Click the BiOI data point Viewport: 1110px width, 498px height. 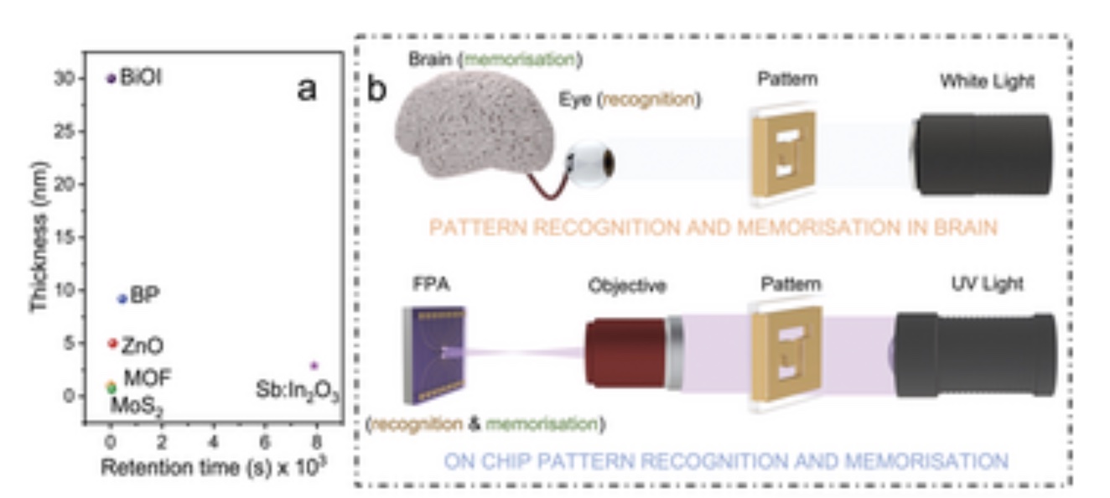(111, 78)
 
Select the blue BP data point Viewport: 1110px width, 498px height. (122, 298)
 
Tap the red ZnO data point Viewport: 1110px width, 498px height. (113, 343)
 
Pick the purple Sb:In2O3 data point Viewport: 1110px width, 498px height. (314, 366)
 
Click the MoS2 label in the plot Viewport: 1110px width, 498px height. (137, 407)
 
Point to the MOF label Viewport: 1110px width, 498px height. (148, 378)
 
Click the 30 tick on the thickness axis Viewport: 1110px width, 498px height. (65, 78)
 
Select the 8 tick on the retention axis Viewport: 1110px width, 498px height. (316, 442)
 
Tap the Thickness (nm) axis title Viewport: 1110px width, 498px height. (39, 237)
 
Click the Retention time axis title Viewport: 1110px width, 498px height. (214, 466)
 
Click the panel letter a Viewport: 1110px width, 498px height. (307, 89)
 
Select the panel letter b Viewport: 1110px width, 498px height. (376, 89)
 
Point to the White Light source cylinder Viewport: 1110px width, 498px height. (981, 154)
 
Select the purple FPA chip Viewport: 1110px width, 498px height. (434, 355)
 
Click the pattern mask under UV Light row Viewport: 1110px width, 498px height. (786, 354)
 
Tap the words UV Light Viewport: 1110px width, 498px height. (987, 284)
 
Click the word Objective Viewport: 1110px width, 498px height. (627, 286)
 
